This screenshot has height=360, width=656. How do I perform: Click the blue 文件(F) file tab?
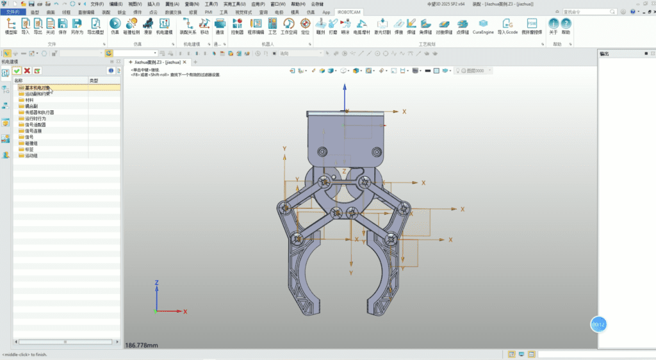coord(13,12)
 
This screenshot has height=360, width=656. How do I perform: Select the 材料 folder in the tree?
coord(29,100)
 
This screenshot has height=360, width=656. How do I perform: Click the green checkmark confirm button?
coord(17,70)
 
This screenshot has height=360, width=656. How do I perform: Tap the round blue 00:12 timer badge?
coord(598,325)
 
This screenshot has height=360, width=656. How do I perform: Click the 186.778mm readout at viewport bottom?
coord(142,345)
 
